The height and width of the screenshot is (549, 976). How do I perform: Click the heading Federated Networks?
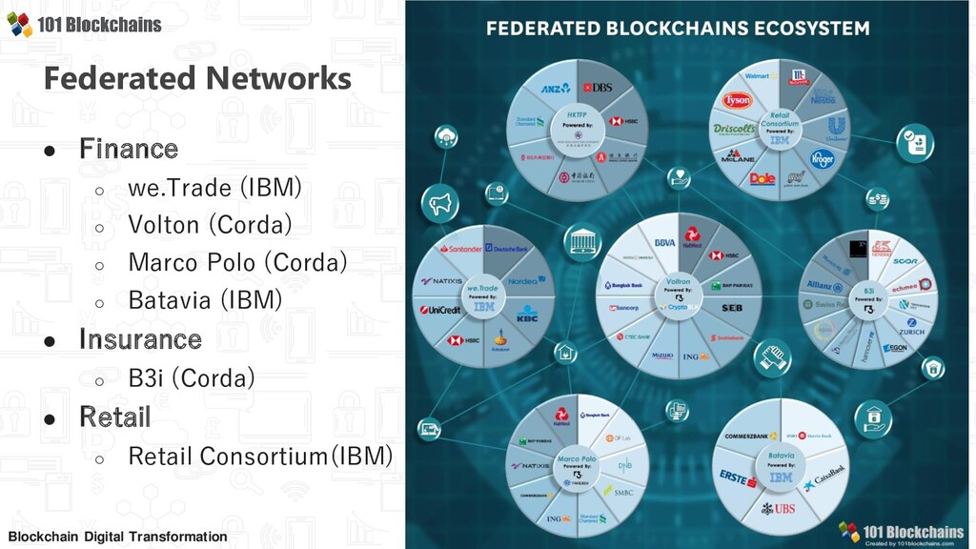197,78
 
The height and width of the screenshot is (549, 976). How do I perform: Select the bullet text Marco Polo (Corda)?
237,262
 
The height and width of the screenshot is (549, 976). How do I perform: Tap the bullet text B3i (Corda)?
191,378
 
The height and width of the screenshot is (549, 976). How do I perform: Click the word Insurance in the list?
140,339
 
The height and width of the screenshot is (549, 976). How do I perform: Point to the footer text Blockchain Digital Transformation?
117,537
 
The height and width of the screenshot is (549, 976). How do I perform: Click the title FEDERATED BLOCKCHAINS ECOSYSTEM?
678,28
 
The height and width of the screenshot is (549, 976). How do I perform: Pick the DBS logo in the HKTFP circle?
599,87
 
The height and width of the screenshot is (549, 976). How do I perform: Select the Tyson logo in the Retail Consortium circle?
738,100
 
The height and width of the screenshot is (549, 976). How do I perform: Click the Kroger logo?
822,158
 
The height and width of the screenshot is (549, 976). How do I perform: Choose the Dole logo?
762,178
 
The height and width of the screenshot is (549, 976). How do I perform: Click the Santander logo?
458,250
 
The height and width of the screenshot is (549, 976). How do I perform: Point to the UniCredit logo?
439,310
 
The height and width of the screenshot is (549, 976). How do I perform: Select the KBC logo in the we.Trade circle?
527,314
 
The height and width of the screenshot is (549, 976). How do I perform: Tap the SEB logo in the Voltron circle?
732,308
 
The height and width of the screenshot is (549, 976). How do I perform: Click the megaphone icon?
440,202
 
